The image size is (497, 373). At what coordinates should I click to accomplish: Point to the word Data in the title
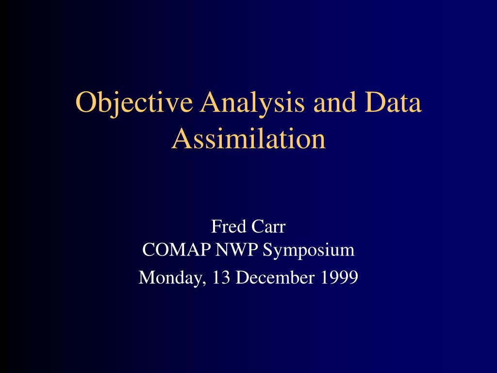[x=393, y=102]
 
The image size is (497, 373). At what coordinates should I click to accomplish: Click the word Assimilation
[x=248, y=138]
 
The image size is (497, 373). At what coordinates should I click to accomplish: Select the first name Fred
[x=229, y=226]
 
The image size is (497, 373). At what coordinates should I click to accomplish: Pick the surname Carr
[x=268, y=226]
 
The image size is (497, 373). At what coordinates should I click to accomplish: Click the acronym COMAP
[x=177, y=250]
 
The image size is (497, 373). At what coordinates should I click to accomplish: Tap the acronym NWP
[x=237, y=250]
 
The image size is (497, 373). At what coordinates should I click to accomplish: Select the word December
[x=275, y=277]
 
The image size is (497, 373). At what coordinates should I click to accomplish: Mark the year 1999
[x=339, y=277]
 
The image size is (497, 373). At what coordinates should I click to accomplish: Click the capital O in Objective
[x=86, y=102]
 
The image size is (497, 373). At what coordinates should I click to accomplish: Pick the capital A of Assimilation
[x=182, y=138]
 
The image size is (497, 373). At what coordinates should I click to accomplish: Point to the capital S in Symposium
[x=267, y=250]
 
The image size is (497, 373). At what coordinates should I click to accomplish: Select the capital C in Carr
[x=258, y=226]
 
